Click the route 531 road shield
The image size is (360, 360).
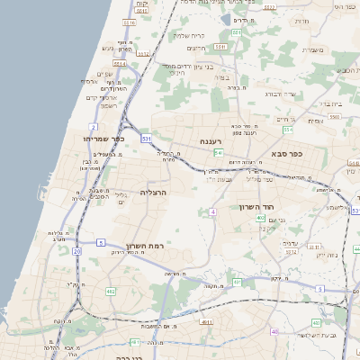(x=146, y=138)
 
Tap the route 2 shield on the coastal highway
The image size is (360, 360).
(x=94, y=127)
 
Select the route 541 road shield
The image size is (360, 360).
(x=218, y=153)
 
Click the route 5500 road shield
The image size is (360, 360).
(x=334, y=117)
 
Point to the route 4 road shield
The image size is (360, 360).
(x=212, y=211)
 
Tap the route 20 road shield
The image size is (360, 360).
(x=77, y=252)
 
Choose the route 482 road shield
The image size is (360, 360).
(x=111, y=292)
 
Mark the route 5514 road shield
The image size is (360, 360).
(x=142, y=54)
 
